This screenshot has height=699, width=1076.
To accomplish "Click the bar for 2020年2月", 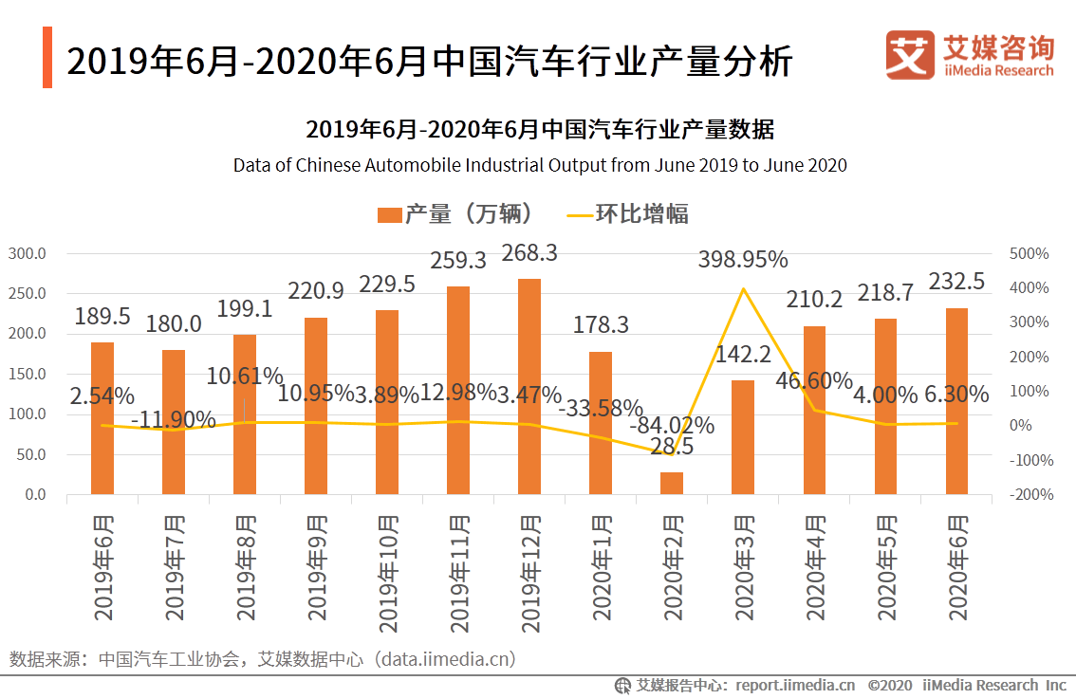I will pos(672,483).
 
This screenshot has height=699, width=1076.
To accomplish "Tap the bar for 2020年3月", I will pos(743,437).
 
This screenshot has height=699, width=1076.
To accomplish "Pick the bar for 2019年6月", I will pos(102,418).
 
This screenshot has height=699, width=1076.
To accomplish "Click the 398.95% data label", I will pos(743,259).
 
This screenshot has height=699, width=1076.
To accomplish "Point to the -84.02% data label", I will pos(672,426).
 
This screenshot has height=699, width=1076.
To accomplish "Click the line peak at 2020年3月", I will pos(743,288).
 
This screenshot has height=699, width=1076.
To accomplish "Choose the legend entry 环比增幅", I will pos(626,214).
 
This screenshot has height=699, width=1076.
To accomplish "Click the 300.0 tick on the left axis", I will pos(28,253).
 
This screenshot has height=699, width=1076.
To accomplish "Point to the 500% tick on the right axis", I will pos(1030,253).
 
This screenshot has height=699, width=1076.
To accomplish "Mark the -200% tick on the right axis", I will pos(1030,494).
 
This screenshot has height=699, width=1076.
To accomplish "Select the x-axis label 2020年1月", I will pos(602,567).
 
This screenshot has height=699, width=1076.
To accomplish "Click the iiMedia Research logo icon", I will pos(909,56).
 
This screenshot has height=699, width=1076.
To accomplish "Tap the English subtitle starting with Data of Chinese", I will pos(540,165).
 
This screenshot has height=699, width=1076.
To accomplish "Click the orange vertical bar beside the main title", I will pos(47,58).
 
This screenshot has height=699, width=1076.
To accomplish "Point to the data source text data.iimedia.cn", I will pos(445,659).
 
